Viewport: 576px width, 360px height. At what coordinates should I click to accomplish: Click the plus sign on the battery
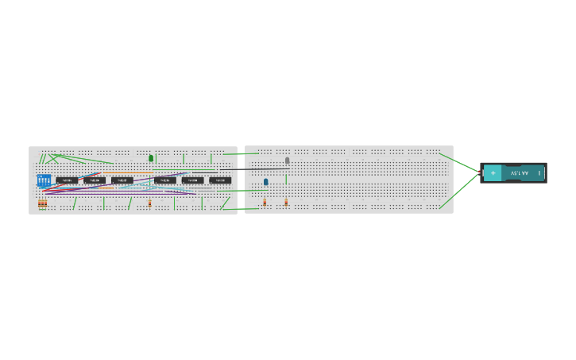(x=493, y=172)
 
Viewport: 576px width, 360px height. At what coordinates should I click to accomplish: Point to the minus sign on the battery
(x=539, y=172)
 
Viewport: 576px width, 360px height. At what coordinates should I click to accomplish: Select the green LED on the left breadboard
(x=151, y=158)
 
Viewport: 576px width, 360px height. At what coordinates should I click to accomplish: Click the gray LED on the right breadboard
(x=288, y=161)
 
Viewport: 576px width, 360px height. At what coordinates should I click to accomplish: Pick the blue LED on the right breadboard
(x=266, y=182)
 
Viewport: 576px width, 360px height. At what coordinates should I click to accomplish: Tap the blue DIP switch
(x=44, y=180)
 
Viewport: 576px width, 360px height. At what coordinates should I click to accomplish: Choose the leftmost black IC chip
(x=66, y=180)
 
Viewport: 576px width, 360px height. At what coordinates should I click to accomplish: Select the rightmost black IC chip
(x=220, y=180)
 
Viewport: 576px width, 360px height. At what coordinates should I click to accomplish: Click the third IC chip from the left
(x=122, y=180)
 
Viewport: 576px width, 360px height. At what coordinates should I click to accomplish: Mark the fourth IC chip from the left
(x=165, y=180)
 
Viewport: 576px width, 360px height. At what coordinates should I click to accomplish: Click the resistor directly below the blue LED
(x=265, y=203)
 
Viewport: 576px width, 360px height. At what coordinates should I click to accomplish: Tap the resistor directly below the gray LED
(x=286, y=203)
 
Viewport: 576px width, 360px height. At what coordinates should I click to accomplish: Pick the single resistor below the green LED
(x=149, y=203)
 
